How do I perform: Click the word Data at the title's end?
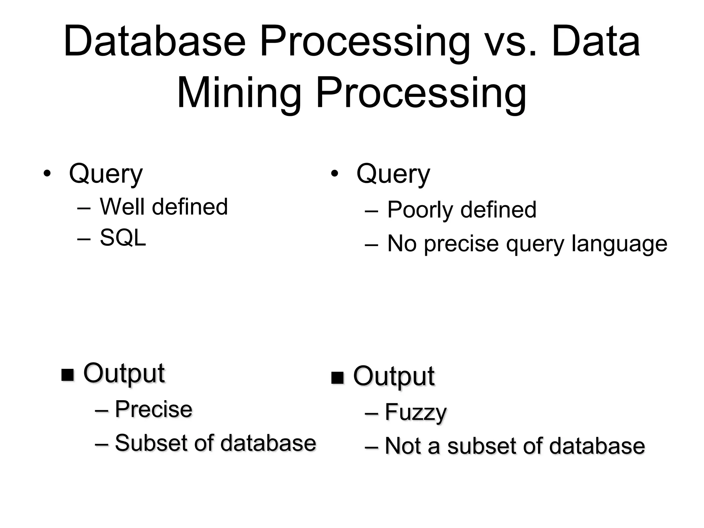click(595, 42)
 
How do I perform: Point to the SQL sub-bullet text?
click(123, 238)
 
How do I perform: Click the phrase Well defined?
click(164, 207)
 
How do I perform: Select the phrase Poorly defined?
click(461, 209)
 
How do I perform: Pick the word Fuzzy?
click(416, 412)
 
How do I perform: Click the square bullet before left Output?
click(68, 375)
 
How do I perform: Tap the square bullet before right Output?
click(337, 378)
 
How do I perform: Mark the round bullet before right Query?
click(334, 174)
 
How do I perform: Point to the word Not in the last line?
click(403, 446)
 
